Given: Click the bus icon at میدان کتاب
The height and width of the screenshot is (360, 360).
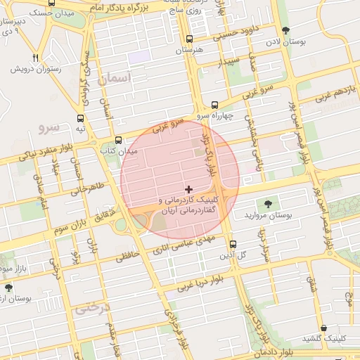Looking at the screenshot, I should pyautogui.click(x=118, y=139).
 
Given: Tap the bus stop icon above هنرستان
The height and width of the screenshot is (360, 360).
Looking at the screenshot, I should pyautogui.click(x=188, y=39).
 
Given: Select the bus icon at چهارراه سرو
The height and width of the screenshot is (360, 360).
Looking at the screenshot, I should pyautogui.click(x=214, y=103).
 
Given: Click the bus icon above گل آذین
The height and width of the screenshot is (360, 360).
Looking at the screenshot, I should pyautogui.click(x=233, y=244).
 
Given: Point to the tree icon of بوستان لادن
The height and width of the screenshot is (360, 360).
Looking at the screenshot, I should pyautogui.click(x=285, y=30).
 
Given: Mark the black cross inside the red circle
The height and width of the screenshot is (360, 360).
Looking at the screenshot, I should pyautogui.click(x=188, y=188).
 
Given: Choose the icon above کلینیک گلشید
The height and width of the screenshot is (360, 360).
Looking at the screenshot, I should pyautogui.click(x=323, y=328).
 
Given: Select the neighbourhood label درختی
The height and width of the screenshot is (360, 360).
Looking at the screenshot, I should pyautogui.click(x=89, y=307).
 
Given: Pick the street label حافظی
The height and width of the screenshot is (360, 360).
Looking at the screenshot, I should pyautogui.click(x=128, y=257).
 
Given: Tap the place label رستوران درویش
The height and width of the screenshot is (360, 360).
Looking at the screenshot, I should pyautogui.click(x=34, y=70).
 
